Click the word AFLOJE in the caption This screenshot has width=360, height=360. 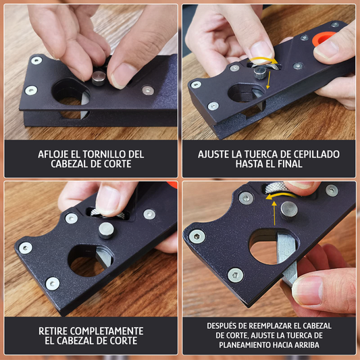pos(56,153)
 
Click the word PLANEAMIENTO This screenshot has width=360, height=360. pos(252,344)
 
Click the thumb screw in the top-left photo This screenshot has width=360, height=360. pos(99,79)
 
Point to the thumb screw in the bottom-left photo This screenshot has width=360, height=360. pos(107,230)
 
